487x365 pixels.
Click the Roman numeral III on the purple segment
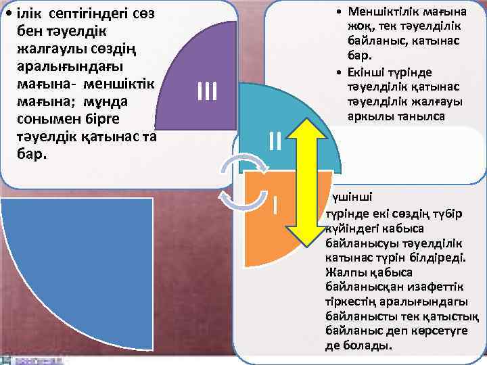[206, 91]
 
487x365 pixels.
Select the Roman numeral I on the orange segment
[276, 202]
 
